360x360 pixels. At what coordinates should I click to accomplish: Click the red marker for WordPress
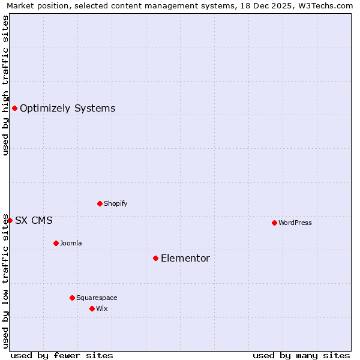274,223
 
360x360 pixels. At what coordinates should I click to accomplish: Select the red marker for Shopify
100,203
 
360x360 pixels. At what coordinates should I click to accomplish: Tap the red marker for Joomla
56,243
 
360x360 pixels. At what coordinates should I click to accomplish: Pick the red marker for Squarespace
72,298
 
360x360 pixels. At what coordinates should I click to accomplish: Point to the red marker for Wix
92,308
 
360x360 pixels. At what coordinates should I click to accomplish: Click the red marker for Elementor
155,258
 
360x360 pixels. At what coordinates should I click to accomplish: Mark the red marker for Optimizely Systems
14,108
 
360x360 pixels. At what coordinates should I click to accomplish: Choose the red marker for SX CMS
10,220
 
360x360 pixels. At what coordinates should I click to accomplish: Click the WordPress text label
295,223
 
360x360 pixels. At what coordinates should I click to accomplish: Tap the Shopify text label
116,203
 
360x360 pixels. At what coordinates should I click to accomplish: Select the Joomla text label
71,243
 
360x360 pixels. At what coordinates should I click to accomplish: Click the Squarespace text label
97,298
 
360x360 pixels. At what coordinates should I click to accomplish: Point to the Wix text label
102,308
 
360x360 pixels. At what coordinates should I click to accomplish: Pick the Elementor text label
185,258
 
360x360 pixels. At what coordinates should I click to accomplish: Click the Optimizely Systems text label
68,108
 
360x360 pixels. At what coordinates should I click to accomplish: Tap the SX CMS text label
34,220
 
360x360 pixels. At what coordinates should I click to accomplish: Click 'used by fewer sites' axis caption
62,355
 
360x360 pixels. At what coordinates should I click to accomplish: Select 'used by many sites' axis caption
301,355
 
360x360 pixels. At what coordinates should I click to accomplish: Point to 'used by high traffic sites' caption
5,85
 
